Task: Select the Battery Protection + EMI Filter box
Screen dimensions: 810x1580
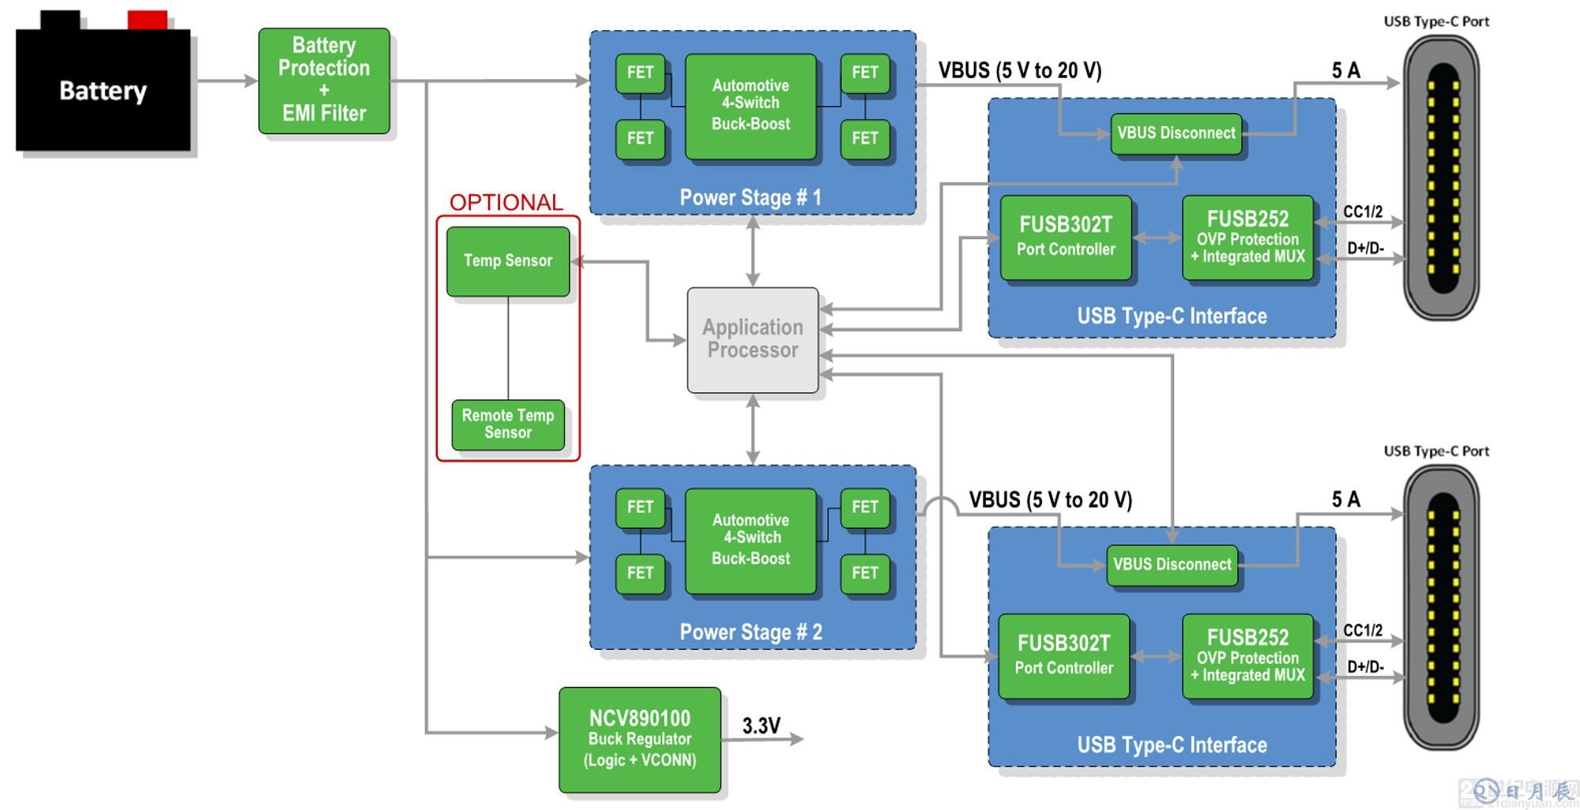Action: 324,80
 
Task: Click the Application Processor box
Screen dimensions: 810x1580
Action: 753,339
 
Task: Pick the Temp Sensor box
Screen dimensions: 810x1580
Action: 508,261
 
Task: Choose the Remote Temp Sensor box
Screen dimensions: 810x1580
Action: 508,424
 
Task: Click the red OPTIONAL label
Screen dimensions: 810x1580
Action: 506,203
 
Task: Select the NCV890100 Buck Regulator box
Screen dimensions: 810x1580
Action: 640,739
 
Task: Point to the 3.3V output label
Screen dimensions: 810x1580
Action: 762,726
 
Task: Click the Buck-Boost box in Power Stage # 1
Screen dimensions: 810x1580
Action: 750,105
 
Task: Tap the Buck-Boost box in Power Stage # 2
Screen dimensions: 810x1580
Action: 750,540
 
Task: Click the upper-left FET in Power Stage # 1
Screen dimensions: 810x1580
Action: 640,73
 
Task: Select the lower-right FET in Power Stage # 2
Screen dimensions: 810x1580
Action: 865,572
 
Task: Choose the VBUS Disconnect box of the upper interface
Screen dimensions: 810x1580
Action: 1176,133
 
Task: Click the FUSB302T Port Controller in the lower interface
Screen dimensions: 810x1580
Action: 1064,655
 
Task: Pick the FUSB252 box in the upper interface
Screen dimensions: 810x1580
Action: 1247,237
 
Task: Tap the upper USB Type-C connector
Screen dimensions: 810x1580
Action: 1442,178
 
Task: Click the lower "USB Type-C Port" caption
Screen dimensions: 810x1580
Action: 1436,451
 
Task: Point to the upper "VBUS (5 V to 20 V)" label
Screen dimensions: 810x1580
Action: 1020,71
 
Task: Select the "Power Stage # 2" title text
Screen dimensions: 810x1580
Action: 750,632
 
